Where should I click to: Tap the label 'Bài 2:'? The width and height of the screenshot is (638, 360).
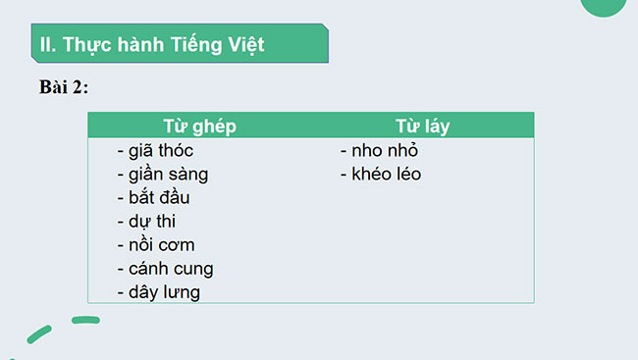click(x=64, y=87)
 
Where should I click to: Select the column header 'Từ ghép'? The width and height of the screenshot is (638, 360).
click(x=199, y=126)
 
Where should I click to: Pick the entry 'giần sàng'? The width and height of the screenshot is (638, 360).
click(x=162, y=175)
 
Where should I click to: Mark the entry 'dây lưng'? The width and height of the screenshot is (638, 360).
click(x=158, y=291)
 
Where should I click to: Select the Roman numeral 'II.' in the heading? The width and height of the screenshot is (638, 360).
click(x=47, y=45)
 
